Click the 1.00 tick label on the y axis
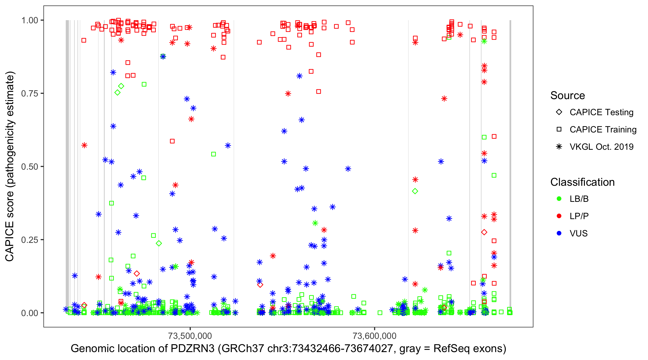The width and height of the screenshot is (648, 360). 30,20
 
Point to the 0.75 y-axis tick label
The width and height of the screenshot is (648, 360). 30,93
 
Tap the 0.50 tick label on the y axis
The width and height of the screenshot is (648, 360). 30,167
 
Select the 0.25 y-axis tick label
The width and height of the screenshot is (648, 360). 30,240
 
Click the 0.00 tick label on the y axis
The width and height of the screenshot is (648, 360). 30,313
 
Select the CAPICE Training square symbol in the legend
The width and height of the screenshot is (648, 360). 559,129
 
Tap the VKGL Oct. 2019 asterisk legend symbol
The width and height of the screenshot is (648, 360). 559,147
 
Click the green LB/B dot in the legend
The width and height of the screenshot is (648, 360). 559,199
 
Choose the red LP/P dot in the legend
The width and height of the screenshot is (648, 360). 559,216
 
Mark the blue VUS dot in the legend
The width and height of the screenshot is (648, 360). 559,233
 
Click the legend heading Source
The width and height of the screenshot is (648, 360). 568,96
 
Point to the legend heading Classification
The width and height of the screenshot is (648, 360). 582,182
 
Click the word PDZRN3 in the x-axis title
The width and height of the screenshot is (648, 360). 192,349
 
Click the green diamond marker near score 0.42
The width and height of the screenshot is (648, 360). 415,191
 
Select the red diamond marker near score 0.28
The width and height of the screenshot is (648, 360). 484,232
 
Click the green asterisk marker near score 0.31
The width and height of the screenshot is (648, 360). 315,223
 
